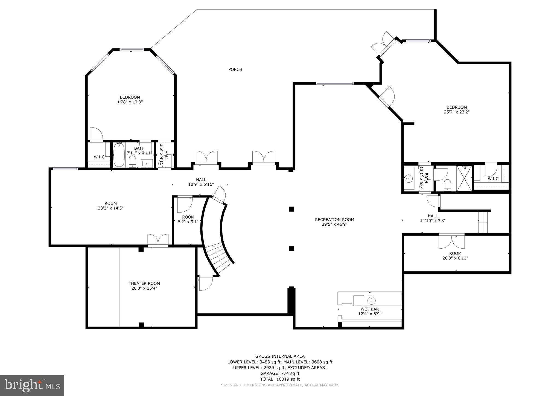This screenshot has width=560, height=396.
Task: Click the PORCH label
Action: [235, 69]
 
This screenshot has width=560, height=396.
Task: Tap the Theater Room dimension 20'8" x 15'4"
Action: [144, 288]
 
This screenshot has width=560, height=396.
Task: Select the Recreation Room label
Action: [334, 220]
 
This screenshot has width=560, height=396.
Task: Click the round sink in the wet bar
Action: [372, 301]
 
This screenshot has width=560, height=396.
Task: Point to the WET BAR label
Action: [370, 309]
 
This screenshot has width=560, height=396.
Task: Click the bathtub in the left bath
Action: [119, 155]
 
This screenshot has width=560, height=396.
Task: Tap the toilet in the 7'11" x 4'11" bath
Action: [132, 161]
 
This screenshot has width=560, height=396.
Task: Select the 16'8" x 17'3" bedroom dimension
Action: [130, 102]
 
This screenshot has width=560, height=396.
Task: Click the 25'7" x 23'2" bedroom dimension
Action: [457, 112]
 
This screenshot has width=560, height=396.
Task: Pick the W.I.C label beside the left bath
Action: [99, 157]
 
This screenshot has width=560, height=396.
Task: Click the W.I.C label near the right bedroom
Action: [493, 179]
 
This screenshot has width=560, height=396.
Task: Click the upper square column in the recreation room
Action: [291, 209]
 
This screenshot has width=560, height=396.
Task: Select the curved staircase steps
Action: [217, 257]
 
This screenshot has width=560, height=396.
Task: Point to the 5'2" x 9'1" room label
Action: [188, 219]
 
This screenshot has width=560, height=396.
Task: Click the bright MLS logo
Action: [32, 385]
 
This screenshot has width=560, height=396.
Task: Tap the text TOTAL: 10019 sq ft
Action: [280, 379]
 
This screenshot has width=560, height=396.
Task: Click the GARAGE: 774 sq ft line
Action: [280, 373]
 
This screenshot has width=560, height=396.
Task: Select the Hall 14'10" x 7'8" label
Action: [433, 218]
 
